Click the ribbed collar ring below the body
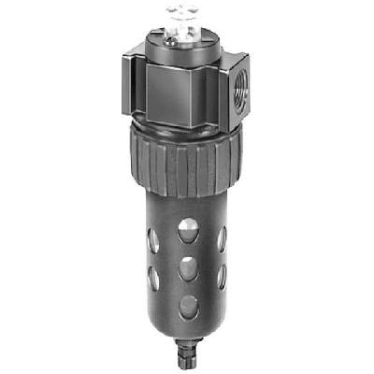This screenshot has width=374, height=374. click(x=186, y=165)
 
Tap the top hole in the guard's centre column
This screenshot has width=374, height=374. click(x=187, y=230)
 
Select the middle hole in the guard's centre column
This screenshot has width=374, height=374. click(x=188, y=268)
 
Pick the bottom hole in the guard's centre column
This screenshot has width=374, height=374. click(x=188, y=307)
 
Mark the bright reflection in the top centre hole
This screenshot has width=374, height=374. click(x=191, y=226)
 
